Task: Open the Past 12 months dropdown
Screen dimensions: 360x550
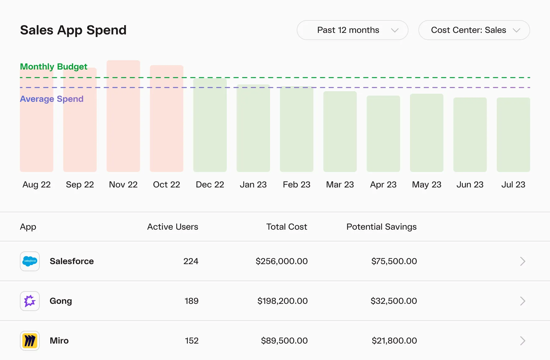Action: point(352,30)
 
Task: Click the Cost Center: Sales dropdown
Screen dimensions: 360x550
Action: point(474,30)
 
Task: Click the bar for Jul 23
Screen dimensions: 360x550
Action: point(513,137)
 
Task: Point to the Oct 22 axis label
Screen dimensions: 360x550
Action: point(166,185)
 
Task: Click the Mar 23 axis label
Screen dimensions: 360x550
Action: point(340,185)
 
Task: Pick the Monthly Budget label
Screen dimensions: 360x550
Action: point(53,67)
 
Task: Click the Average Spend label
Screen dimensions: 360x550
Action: point(52,99)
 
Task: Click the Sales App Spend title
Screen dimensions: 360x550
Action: point(73,30)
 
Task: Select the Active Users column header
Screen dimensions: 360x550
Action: point(173,227)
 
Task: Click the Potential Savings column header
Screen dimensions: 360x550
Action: point(381,227)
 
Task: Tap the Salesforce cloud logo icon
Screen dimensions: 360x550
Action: point(30,261)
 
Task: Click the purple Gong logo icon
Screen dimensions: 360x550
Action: point(30,301)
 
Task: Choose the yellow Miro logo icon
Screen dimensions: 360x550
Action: point(30,341)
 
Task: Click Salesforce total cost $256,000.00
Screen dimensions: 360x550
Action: point(282,261)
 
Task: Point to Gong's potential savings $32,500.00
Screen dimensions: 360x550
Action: point(394,301)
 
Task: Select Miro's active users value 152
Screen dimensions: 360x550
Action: point(192,341)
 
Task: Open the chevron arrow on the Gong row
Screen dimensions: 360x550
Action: point(522,301)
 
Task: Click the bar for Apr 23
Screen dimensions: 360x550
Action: point(383,135)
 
